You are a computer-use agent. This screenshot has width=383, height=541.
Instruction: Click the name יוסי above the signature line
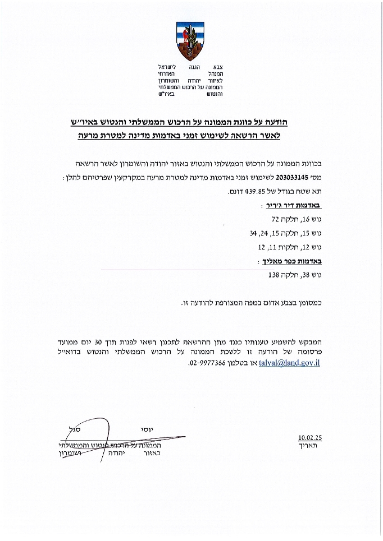[x=148, y=429]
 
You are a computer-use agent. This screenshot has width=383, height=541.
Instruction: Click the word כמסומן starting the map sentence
[x=317, y=303]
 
